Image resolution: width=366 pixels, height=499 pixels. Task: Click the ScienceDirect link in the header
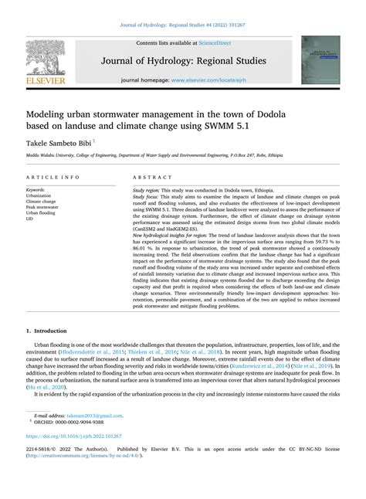click(x=219, y=44)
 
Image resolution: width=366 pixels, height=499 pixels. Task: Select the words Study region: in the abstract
click(x=150, y=189)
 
